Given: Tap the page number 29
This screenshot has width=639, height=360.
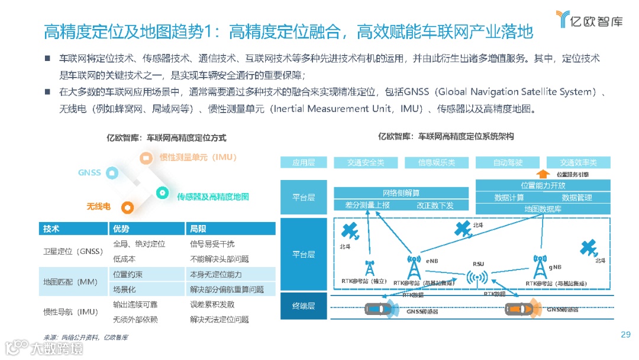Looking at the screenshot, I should click(x=625, y=335).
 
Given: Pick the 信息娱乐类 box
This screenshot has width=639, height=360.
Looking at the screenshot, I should click(x=437, y=162).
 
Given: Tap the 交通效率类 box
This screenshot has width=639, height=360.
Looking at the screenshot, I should click(x=579, y=162).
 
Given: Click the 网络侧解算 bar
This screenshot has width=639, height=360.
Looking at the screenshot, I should click(x=401, y=193).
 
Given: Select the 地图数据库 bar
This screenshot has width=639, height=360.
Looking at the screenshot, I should click(x=543, y=209).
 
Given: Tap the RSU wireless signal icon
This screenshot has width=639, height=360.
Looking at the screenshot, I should click(x=478, y=277).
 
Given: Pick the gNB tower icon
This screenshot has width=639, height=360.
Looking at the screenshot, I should click(x=539, y=267).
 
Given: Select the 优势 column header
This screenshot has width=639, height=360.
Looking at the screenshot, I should click(x=121, y=229).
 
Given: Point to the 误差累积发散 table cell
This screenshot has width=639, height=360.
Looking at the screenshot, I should click(x=212, y=304).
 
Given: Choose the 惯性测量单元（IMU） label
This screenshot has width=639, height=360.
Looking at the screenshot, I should click(x=198, y=157).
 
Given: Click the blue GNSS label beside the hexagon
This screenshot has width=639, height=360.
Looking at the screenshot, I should click(x=89, y=173).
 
